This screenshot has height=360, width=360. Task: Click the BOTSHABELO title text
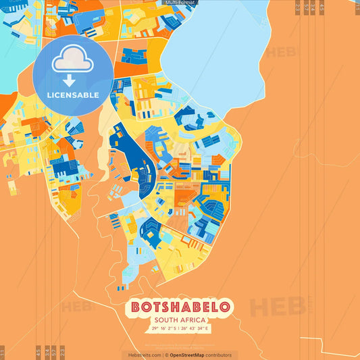tap(180, 307)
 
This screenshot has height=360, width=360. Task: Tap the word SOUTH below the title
tap(167, 320)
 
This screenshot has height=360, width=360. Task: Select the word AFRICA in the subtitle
tap(194, 320)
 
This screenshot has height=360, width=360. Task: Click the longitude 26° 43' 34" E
tap(196, 329)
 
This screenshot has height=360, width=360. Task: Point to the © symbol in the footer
tap(166, 355)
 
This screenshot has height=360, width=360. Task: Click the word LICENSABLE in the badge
tap(73, 95)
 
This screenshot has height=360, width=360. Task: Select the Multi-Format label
tap(178, 3)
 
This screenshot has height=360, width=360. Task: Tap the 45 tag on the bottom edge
tap(38, 353)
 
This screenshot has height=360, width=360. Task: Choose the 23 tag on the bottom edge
tap(62, 353)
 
